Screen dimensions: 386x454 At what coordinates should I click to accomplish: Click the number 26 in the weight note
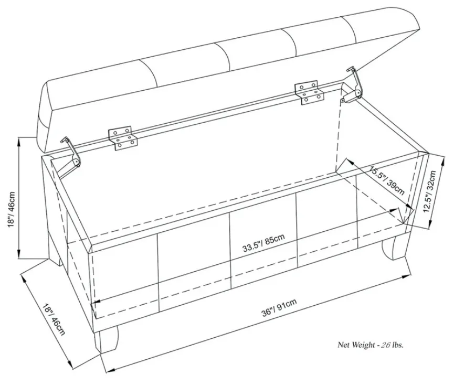point(385,345)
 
